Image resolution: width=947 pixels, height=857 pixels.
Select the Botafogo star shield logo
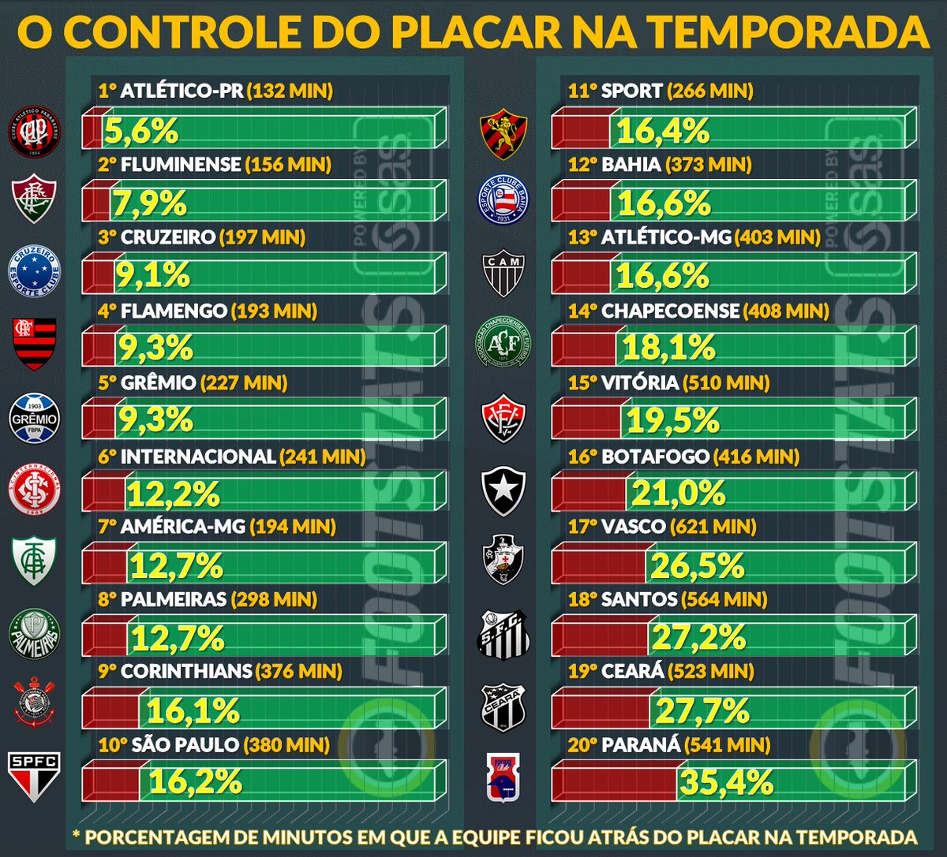[x=503, y=491]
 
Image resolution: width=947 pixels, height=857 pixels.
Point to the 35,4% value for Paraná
[x=726, y=782]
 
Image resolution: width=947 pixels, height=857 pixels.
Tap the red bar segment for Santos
[x=599, y=637]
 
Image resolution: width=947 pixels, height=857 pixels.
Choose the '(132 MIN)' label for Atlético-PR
[x=290, y=91]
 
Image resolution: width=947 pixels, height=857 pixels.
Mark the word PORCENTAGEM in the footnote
[x=182, y=837]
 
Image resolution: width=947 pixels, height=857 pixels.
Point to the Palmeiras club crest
[x=33, y=634]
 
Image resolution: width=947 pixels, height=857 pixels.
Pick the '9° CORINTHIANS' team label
[x=176, y=672]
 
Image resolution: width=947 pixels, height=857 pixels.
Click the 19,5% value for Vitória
[x=673, y=420]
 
